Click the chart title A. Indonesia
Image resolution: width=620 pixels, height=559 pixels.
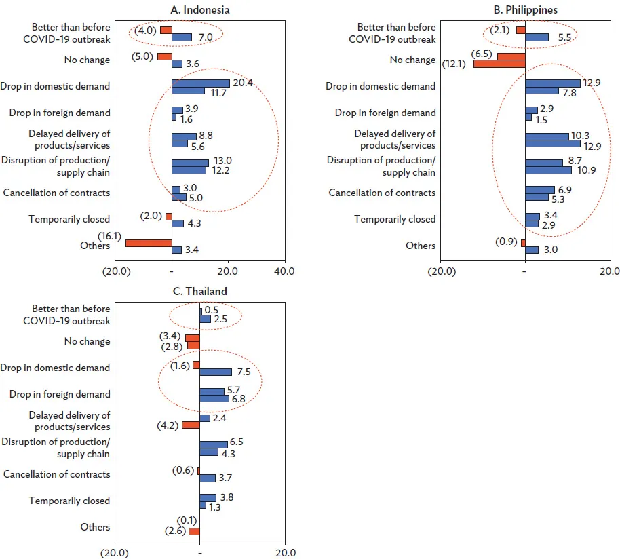click(x=200, y=10)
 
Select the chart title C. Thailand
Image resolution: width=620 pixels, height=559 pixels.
click(x=200, y=291)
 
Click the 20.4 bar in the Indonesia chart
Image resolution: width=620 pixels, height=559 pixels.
click(x=201, y=83)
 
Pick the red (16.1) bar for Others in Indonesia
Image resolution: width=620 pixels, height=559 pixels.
click(x=149, y=242)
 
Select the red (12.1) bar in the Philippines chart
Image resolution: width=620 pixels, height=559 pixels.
click(x=499, y=64)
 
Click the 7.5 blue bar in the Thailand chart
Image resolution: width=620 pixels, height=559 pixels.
click(x=216, y=372)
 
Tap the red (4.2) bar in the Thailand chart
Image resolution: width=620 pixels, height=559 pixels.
click(x=191, y=425)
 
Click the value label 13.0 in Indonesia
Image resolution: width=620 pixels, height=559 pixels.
click(x=223, y=161)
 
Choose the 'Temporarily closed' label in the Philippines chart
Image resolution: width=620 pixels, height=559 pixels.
click(x=395, y=219)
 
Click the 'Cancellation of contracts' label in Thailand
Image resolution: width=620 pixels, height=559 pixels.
click(x=56, y=474)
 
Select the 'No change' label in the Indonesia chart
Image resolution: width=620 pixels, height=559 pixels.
click(x=87, y=60)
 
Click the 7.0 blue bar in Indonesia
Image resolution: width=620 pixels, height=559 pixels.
click(x=182, y=37)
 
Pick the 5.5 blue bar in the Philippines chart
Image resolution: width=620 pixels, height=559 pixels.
click(x=537, y=37)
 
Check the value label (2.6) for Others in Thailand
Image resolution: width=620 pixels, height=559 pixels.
click(x=175, y=531)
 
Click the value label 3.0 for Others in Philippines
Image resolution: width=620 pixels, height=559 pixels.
click(x=551, y=250)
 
